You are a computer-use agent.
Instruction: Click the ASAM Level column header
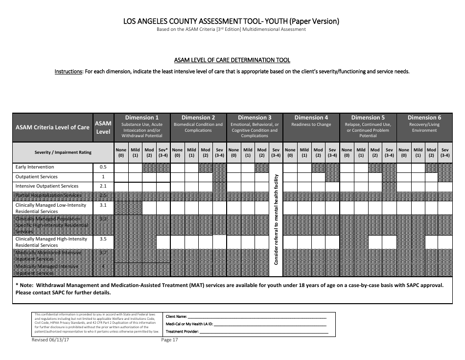tap(103, 127)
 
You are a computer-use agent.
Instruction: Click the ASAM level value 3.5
tap(103, 239)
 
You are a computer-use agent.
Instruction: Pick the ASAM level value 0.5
tap(103, 167)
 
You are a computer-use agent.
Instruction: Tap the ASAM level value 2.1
tap(103, 186)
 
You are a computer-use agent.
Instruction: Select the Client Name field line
tap(257, 317)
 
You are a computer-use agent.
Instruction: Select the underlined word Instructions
tap(68, 72)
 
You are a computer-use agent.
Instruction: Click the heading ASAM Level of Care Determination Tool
tap(232, 60)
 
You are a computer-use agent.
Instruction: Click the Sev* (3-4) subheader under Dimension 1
tap(163, 152)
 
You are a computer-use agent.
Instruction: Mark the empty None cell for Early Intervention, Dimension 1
tap(121, 167)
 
